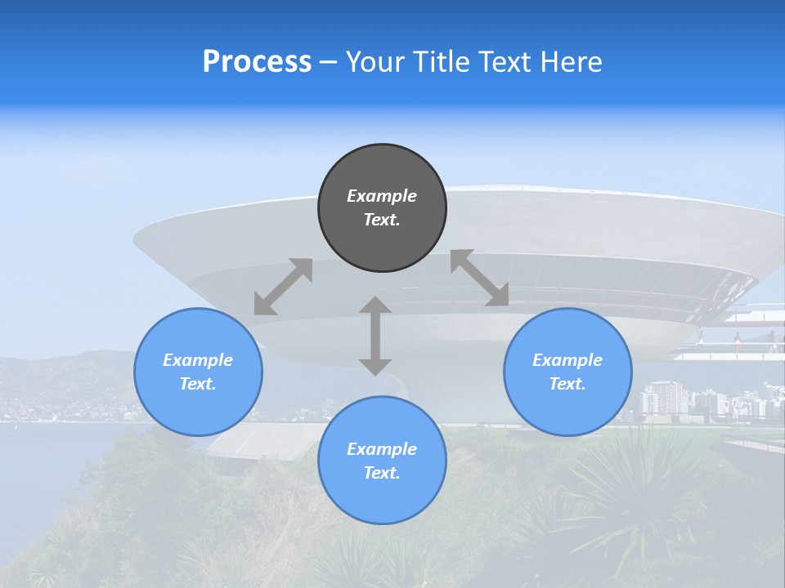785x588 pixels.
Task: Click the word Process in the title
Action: click(257, 62)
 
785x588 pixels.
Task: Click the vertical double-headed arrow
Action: click(375, 336)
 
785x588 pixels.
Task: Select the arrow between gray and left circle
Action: click(283, 287)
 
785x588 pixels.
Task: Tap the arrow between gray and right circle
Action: click(479, 278)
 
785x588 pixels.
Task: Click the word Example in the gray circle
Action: click(382, 196)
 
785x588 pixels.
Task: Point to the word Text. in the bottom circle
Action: click(382, 473)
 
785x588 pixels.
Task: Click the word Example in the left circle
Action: click(198, 360)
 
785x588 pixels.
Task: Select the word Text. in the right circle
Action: click(567, 384)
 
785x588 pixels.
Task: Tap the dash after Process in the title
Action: click(329, 63)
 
